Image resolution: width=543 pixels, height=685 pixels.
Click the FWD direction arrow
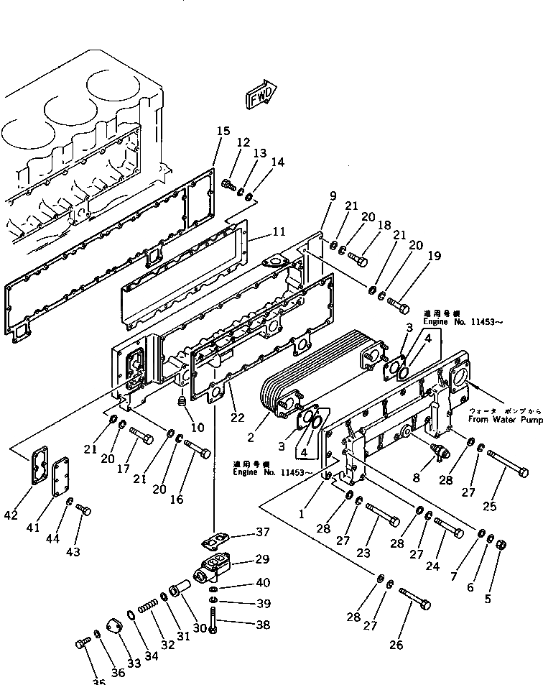pyautogui.click(x=261, y=96)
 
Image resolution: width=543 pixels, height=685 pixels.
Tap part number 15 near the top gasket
pyautogui.click(x=223, y=131)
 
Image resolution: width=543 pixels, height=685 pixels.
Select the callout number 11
pyautogui.click(x=279, y=232)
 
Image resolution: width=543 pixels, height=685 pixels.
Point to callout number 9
pyautogui.click(x=333, y=196)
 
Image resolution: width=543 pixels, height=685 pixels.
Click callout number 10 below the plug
pyautogui.click(x=198, y=427)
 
